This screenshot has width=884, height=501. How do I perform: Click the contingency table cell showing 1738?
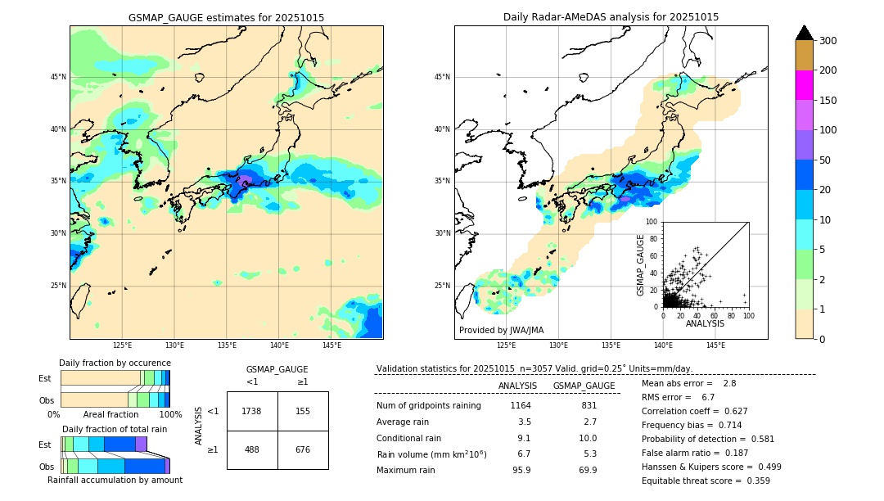tap(252, 411)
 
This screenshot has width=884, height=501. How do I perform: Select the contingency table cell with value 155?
tap(303, 411)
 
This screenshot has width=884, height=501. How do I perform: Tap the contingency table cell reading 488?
tap(252, 449)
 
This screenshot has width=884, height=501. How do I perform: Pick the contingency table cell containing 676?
tap(303, 449)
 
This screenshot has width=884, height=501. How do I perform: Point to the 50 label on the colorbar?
tap(827, 160)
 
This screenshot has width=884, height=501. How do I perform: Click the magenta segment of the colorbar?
tap(805, 85)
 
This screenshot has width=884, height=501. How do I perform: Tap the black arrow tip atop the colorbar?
tap(805, 32)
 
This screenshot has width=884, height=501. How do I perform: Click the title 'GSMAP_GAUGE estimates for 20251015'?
tap(226, 17)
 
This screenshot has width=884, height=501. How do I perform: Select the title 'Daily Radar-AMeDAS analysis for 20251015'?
tap(611, 17)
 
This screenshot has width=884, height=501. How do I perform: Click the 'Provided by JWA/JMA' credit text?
tap(501, 330)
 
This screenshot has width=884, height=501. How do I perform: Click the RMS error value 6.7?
tap(708, 397)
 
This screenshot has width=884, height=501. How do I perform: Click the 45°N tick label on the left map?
tap(58, 77)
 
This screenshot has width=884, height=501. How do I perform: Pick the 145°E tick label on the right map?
tap(715, 345)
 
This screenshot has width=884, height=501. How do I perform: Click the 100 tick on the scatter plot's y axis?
tap(652, 222)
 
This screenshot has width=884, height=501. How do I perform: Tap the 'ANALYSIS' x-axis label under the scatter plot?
tap(705, 323)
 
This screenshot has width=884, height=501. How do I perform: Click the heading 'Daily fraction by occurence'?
tap(115, 363)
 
